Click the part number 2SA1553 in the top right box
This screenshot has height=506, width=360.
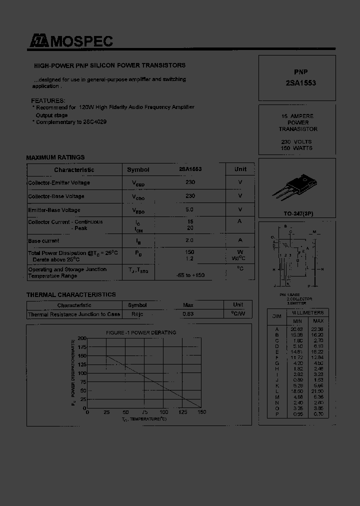(293, 83)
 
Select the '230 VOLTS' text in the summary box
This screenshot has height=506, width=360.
(296, 141)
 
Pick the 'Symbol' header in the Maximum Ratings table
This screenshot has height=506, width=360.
(138, 170)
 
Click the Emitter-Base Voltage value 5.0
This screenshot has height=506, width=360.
(190, 210)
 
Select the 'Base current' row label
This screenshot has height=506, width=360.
(43, 241)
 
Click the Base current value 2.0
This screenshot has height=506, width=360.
(190, 240)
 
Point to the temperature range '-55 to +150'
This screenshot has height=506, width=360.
(190, 275)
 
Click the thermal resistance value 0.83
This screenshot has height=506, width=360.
(188, 314)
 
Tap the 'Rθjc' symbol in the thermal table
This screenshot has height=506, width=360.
(137, 314)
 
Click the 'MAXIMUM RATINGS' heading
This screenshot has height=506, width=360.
(55, 157)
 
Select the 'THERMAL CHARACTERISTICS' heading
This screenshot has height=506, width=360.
(71, 295)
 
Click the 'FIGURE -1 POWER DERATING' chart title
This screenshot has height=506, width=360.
(140, 332)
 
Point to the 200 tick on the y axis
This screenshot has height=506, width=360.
(82, 338)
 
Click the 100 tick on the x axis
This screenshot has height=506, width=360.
(163, 412)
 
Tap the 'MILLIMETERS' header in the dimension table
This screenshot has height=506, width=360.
(307, 313)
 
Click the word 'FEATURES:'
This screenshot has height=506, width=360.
(48, 100)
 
